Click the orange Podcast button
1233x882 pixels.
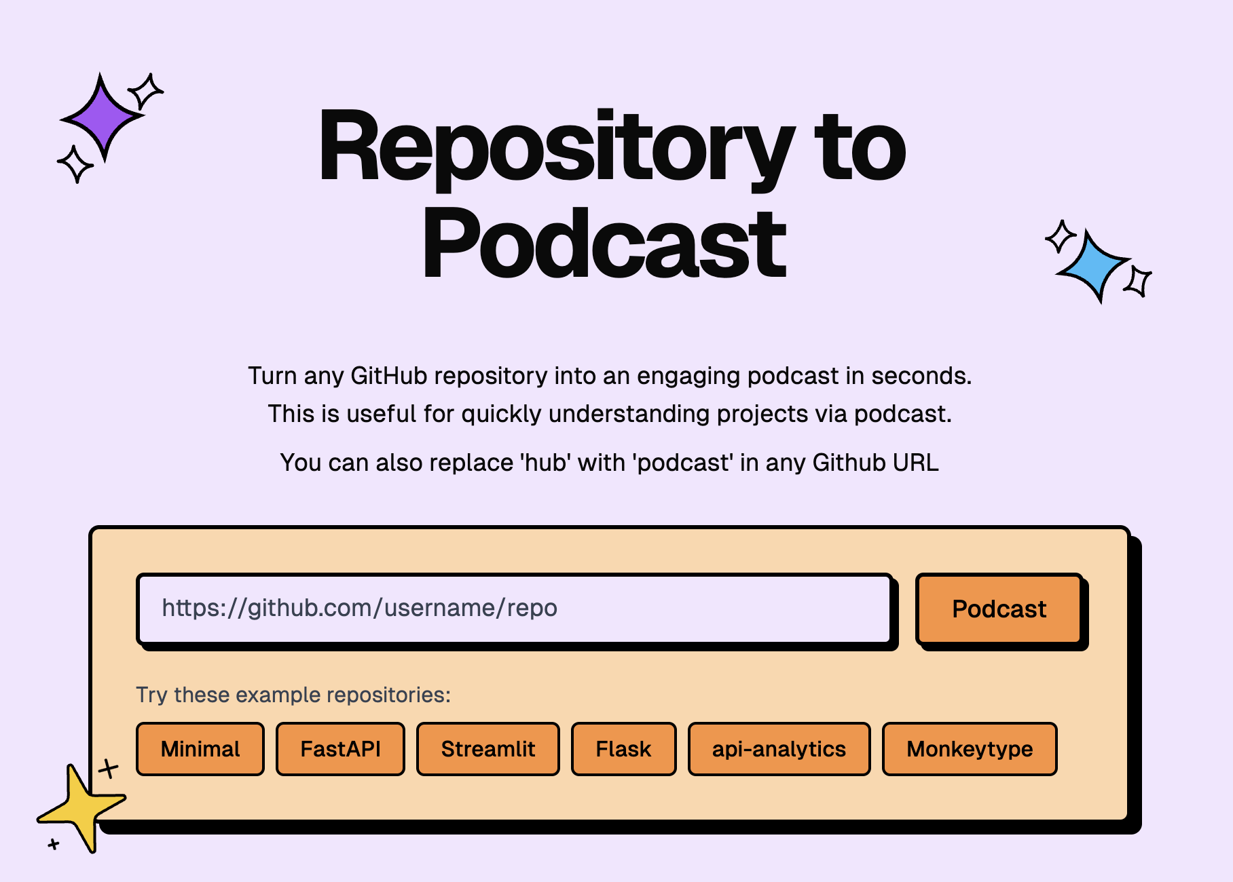pos(998,609)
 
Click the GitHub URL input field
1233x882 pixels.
pos(514,609)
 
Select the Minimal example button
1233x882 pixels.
pos(200,749)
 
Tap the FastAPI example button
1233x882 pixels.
pos(340,749)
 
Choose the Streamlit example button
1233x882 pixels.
pos(487,749)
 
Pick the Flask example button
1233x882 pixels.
pos(623,749)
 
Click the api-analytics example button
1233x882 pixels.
pos(779,749)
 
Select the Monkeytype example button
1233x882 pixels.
pos(969,749)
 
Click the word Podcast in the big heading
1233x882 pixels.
pos(604,244)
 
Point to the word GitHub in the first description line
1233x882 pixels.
pos(381,376)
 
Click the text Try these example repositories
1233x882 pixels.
pos(293,695)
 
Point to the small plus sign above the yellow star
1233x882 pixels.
pos(108,769)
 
